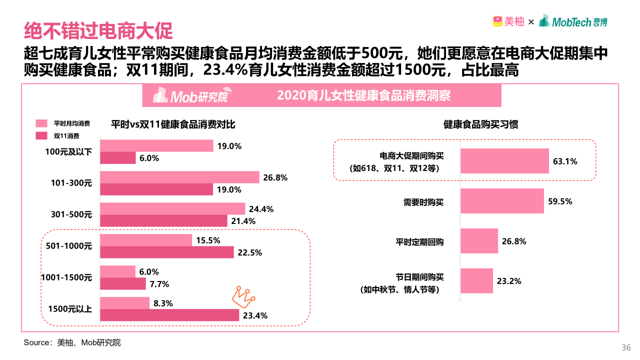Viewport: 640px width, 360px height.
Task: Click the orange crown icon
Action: (x=243, y=296)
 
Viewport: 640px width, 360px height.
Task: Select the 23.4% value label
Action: (x=255, y=315)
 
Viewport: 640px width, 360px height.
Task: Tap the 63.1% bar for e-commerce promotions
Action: (x=504, y=161)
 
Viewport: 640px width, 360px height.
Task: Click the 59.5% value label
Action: (x=560, y=201)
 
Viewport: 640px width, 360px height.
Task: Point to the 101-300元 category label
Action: (x=71, y=183)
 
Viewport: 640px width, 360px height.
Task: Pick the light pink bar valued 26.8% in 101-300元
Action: (x=180, y=177)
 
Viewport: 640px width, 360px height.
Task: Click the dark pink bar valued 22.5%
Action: (x=167, y=252)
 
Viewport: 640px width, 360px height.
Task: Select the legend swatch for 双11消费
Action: (x=41, y=135)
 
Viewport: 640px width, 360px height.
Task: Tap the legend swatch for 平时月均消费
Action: (x=41, y=123)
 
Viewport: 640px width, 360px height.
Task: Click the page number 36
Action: (x=625, y=348)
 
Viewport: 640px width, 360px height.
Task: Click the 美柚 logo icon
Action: (x=497, y=21)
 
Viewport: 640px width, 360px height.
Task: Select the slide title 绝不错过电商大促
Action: (x=98, y=31)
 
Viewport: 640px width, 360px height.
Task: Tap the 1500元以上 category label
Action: (x=70, y=309)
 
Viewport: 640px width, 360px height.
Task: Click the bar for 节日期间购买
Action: (x=476, y=281)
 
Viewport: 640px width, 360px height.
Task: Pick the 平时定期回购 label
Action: (x=419, y=242)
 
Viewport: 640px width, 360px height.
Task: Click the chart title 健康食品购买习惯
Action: (x=480, y=124)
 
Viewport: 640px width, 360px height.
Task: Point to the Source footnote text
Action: (x=72, y=342)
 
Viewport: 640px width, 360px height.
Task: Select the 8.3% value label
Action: (x=163, y=303)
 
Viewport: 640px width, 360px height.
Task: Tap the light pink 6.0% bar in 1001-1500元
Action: (x=118, y=271)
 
